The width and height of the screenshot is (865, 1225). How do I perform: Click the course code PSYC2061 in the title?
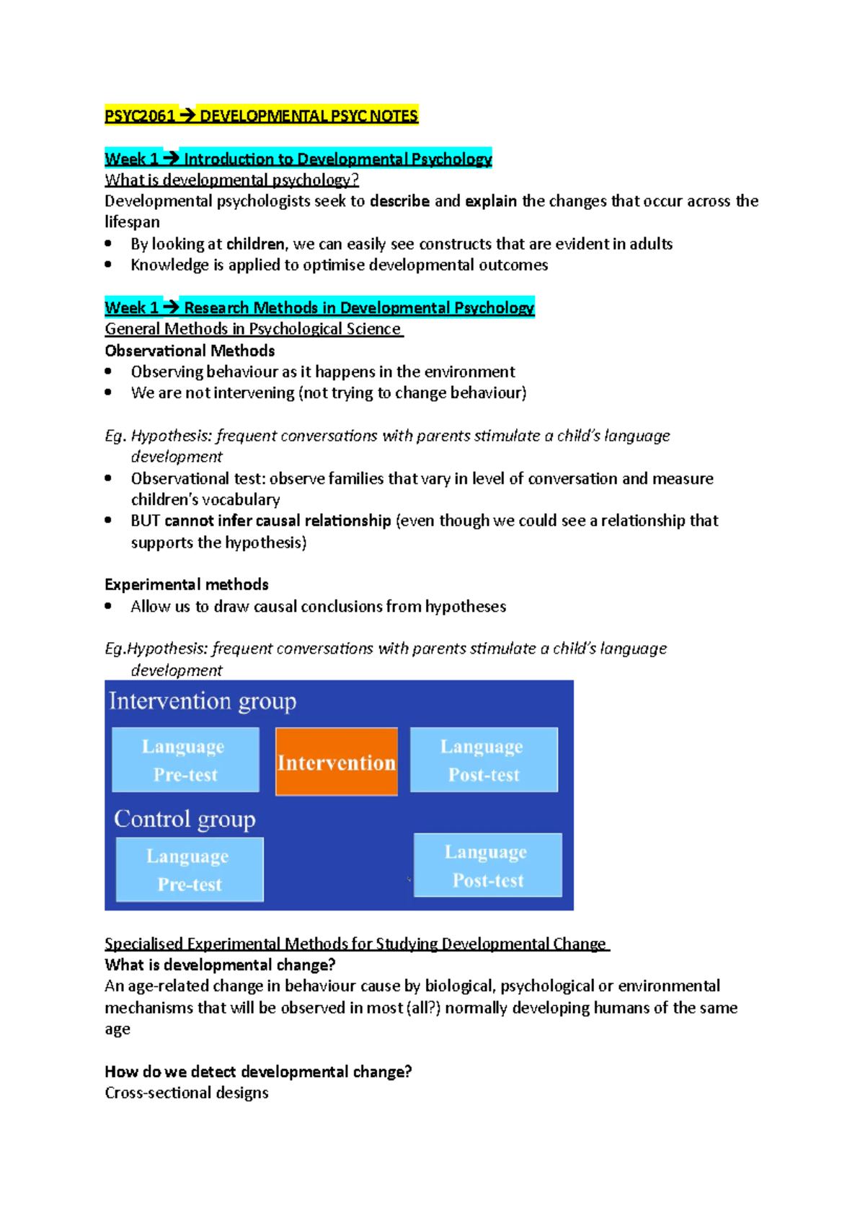pos(140,116)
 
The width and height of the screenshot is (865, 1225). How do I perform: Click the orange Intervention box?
pos(337,762)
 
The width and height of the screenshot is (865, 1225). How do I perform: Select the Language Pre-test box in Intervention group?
pos(185,760)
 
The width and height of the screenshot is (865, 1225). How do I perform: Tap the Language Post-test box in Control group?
pos(488,865)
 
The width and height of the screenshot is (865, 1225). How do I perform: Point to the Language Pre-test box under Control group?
pos(190,869)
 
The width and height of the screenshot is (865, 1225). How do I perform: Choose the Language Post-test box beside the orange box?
pos(484,760)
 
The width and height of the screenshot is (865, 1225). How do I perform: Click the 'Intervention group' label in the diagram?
pos(203,701)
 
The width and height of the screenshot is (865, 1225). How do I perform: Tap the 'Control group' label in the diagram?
pos(185,819)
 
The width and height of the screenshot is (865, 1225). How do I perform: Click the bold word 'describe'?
pos(399,201)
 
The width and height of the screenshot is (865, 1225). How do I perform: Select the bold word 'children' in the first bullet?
pos(255,244)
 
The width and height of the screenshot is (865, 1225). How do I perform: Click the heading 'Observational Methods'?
pos(190,351)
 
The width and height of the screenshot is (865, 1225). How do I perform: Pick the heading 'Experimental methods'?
pos(186,584)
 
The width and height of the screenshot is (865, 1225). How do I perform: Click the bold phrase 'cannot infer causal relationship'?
pos(278,521)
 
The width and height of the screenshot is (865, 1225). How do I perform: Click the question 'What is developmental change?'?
pos(220,965)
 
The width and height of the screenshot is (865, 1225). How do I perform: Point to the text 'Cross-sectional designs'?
pos(186,1093)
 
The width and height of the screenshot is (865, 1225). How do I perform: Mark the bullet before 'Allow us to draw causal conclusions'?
pos(108,606)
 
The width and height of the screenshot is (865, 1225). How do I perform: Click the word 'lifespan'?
pos(132,222)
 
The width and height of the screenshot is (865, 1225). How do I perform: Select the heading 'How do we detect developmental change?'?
pos(258,1072)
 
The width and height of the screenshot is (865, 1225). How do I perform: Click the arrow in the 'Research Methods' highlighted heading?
pos(171,308)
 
